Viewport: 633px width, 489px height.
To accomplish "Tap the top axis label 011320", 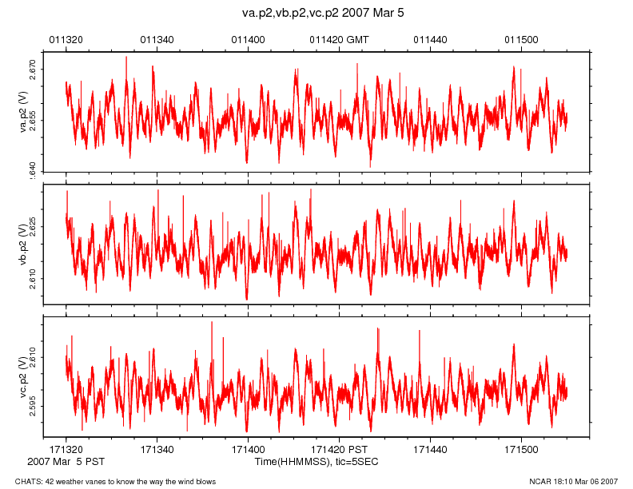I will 66,39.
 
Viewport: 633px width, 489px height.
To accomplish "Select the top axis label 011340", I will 157,39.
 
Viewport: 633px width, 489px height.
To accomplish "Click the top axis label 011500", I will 522,39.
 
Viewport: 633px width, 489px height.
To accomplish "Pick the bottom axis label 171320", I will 66,451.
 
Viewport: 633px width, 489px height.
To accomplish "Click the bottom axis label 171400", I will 248,451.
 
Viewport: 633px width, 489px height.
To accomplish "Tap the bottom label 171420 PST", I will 339,451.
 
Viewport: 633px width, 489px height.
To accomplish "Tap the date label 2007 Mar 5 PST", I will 66,462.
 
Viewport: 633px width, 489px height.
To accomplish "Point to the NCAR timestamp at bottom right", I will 574,481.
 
